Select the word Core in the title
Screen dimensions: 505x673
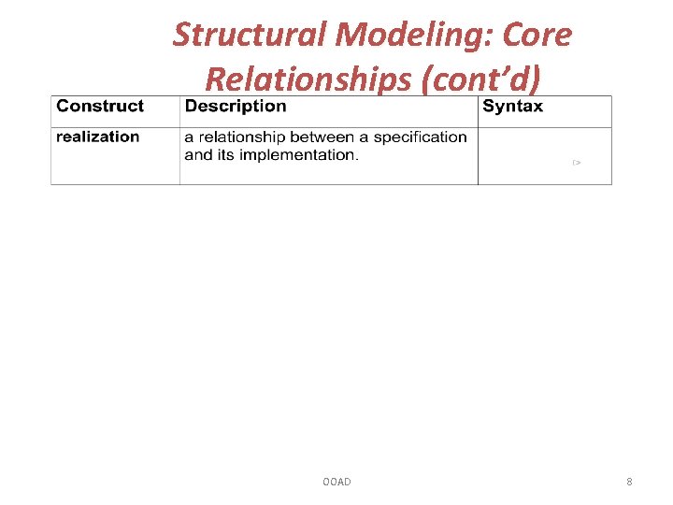[x=538, y=36]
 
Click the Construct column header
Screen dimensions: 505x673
[x=100, y=107]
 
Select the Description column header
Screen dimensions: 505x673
[x=236, y=107]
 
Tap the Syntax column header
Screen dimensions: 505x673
[x=512, y=107]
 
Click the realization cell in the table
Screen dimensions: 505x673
[x=97, y=137]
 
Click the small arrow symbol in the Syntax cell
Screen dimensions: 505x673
[x=577, y=163]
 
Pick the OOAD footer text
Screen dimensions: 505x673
[x=336, y=482]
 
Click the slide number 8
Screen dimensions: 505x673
[x=629, y=482]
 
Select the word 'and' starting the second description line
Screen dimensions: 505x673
[x=198, y=154]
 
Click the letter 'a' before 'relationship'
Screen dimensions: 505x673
[x=188, y=137]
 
